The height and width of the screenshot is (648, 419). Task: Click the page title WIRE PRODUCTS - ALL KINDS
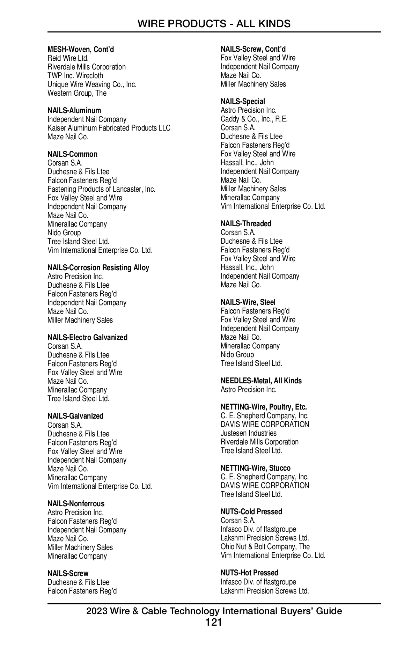214,24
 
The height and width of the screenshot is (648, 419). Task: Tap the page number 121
214,622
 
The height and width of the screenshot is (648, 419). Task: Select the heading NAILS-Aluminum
74,111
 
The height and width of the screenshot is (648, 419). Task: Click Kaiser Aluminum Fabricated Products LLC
109,128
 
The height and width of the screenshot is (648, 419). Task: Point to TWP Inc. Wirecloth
75,76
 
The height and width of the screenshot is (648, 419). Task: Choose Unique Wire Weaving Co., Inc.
92,84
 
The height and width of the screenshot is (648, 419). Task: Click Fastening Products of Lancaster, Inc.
101,189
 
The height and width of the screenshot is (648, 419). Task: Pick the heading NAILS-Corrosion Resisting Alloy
98,268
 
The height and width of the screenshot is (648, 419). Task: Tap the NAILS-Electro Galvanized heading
87,338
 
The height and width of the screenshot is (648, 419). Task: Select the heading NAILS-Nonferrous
76,503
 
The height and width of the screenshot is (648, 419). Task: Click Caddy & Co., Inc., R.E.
254,119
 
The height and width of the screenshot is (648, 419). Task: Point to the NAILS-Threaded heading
246,224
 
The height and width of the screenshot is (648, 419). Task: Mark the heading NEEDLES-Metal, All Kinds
261,381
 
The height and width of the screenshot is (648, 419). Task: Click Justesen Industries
249,433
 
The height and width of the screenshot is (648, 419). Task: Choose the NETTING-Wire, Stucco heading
256,468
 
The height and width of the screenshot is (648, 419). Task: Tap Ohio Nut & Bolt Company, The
265,547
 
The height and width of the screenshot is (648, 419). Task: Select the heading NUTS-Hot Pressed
249,573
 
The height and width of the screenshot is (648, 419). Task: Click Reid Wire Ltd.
68,58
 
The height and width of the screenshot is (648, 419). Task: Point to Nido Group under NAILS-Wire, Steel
237,355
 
